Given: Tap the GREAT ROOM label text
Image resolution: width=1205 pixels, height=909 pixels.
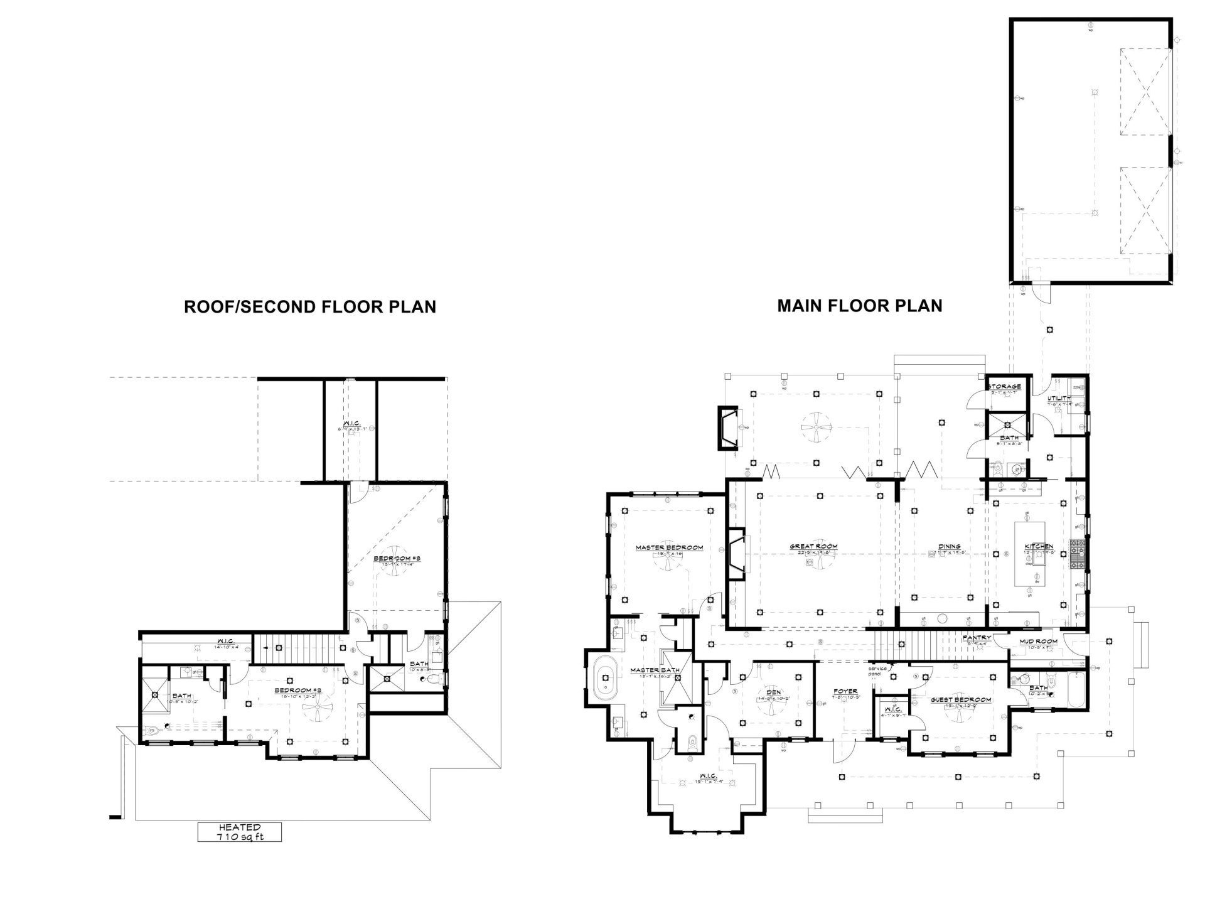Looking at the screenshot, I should tap(813, 546).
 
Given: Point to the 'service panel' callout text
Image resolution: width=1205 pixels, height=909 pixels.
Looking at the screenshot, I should tap(877, 670).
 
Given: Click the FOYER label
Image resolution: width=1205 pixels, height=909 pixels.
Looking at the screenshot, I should tap(845, 691).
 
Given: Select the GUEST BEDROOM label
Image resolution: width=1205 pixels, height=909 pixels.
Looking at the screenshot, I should tap(960, 699).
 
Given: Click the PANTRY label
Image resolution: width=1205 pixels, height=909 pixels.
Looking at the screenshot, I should tap(976, 638).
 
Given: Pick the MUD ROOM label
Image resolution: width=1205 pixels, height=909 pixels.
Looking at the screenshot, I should tap(1039, 641).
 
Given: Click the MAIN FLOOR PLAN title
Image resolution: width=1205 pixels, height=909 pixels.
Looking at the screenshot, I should tap(859, 306).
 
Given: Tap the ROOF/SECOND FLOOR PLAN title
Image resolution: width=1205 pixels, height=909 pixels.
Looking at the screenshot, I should tap(309, 307).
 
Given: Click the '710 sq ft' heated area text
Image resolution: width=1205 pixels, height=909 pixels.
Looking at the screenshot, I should tap(239, 837).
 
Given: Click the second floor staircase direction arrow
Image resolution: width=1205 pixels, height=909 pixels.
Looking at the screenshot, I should tap(267, 646).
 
